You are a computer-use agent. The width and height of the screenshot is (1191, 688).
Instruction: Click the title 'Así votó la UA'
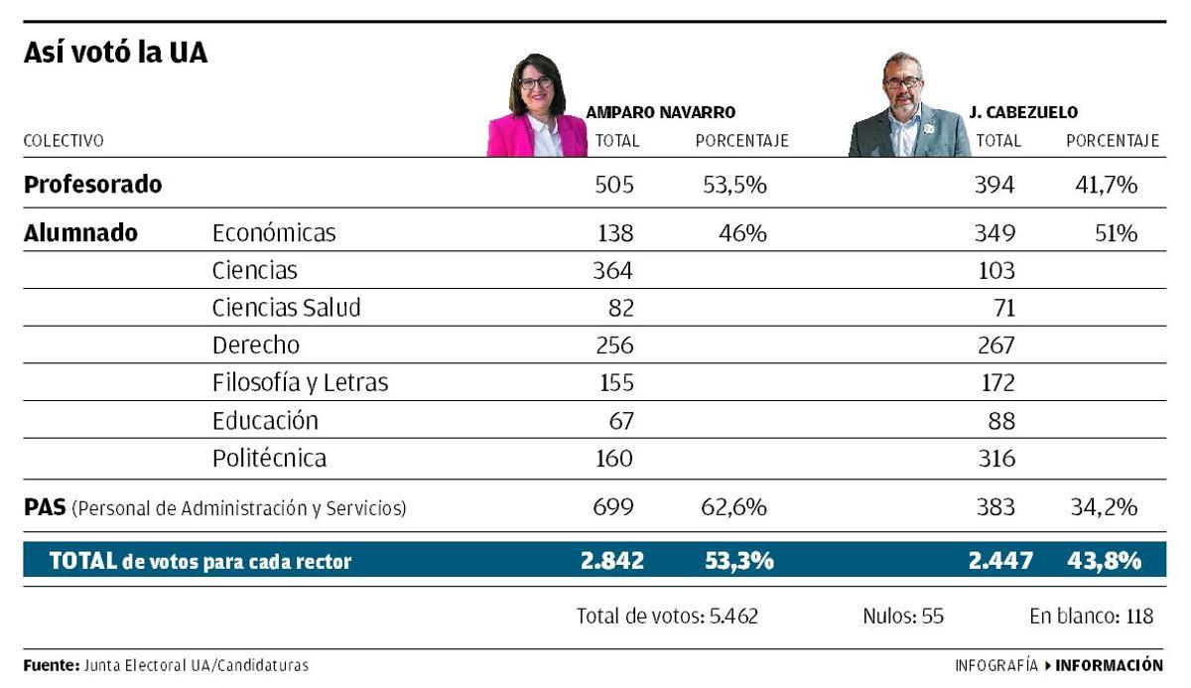point(115,54)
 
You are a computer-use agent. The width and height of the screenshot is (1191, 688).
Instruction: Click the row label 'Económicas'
point(274,233)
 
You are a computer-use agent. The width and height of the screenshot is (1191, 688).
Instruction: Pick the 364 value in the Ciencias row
point(612,270)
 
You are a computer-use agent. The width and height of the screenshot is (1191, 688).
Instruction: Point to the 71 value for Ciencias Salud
point(1003,308)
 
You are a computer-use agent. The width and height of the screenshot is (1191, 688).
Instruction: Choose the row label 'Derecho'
point(256,345)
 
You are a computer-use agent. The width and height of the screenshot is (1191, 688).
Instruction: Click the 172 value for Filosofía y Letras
point(995,383)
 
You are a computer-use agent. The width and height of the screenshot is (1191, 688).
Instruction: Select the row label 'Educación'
point(265,421)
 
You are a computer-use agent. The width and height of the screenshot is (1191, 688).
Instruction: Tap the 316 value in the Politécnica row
point(995,459)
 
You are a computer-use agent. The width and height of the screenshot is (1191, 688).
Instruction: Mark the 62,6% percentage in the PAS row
point(734,508)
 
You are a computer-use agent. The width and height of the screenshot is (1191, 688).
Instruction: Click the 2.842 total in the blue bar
point(612,561)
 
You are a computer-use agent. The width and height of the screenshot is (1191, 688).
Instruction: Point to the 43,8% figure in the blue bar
point(1104,561)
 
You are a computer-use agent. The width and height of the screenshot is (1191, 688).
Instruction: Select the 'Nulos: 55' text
point(903,617)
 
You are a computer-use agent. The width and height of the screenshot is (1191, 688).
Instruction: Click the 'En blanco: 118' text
point(1091,617)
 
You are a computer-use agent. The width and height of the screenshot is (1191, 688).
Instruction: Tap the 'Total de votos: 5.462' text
point(667,617)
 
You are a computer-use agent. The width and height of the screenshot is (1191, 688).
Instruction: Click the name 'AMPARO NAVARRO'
point(660,113)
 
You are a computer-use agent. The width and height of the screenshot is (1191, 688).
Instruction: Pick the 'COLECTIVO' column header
point(64,141)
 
